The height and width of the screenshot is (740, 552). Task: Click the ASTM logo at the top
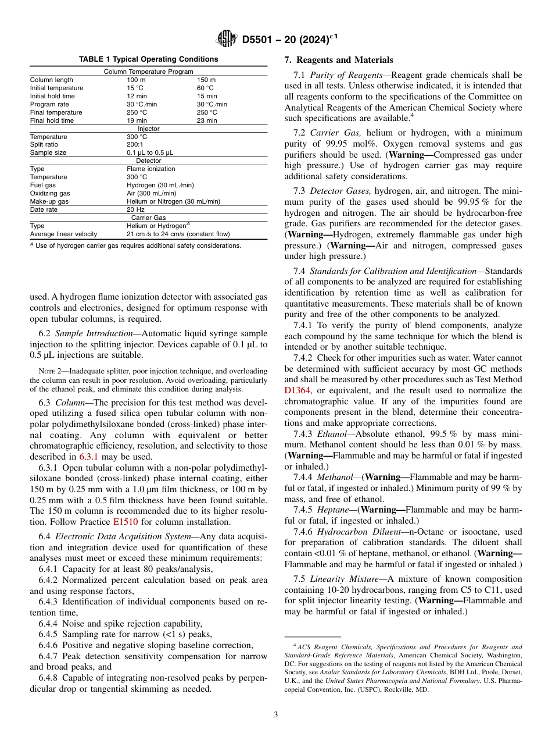(227, 39)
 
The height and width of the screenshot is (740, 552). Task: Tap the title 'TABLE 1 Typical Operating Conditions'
(148, 59)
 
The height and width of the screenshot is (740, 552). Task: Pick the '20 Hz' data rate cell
(135, 209)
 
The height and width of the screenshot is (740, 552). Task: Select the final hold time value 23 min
(207, 120)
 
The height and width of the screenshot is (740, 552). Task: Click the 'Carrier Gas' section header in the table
(148, 218)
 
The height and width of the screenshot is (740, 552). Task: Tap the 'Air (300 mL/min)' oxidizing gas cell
(151, 193)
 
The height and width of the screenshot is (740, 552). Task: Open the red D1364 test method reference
(298, 390)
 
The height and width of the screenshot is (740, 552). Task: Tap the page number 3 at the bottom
(275, 714)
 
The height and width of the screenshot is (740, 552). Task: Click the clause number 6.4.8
(48, 678)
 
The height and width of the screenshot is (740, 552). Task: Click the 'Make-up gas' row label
(49, 201)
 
